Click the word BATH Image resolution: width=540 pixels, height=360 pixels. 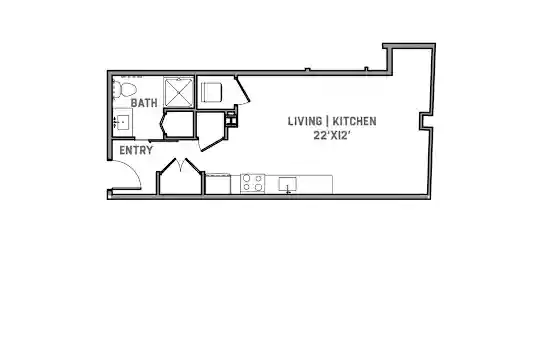(x=144, y=103)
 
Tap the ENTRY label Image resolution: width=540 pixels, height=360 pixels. (x=136, y=150)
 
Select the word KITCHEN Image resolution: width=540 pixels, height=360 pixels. (x=354, y=121)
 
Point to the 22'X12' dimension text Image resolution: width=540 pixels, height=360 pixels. (x=332, y=135)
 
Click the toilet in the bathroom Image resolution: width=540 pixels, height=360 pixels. (x=124, y=89)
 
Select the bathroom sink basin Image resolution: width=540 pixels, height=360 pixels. (x=123, y=122)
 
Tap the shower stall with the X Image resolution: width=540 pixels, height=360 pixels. (x=178, y=92)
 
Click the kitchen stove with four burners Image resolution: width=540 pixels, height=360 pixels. (x=253, y=183)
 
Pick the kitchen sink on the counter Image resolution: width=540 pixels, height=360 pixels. (x=288, y=184)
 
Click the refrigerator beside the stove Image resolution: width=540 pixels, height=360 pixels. (x=218, y=184)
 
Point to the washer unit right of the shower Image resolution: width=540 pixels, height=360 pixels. (x=211, y=92)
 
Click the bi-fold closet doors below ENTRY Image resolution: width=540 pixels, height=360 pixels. (x=180, y=165)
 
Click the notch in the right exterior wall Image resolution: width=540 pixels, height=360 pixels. (x=425, y=121)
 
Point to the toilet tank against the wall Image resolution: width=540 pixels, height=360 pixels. (x=116, y=89)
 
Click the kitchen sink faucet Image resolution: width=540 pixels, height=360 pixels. (x=288, y=189)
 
